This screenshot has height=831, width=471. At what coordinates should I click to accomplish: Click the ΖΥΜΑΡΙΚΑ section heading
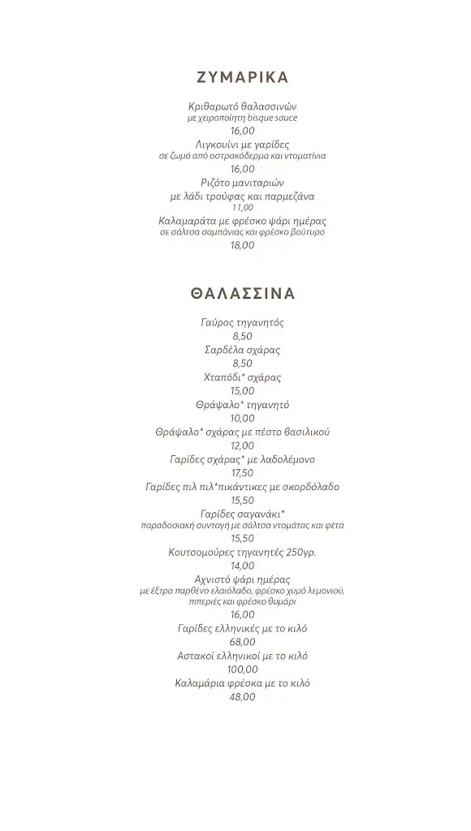click(242, 78)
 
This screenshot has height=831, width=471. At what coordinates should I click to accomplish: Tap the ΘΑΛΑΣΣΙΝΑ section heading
click(242, 294)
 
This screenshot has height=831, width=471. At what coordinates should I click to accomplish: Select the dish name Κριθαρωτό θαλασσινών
click(242, 106)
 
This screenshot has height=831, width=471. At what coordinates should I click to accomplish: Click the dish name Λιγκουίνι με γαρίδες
click(242, 144)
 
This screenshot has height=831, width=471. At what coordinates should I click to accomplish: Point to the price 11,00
click(242, 208)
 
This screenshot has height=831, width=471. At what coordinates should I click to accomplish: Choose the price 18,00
click(242, 245)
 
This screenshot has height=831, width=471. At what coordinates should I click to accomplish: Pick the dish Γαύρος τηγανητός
click(242, 323)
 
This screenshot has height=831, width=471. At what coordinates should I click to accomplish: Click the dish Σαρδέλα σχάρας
click(242, 351)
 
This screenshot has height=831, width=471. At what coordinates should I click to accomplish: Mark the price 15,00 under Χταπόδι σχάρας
click(242, 391)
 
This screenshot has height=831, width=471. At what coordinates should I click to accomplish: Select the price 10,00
click(242, 419)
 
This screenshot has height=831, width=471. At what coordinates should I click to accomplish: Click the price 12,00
click(242, 446)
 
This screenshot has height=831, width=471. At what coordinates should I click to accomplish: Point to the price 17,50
click(242, 473)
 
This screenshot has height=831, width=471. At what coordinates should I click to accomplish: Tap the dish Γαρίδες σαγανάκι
click(242, 514)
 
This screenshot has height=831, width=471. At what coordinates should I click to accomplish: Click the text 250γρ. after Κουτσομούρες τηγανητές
click(300, 553)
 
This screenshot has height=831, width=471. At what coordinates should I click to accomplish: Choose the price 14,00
click(242, 566)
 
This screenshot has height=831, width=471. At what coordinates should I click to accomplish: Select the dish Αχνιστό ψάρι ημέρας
click(242, 579)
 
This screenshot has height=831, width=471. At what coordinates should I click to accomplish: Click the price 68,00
click(242, 642)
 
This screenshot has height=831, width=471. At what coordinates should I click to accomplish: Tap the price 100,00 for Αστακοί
click(242, 670)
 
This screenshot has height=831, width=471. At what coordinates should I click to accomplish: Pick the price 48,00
click(242, 697)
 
